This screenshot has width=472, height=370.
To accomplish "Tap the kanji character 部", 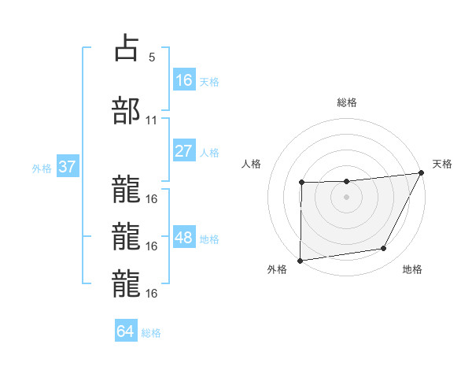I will pos(126,111).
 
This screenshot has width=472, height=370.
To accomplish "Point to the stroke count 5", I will pos(151,57).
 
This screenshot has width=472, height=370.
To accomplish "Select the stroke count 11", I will pos(152,120).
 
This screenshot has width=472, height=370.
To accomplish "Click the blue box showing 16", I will pos(184,80).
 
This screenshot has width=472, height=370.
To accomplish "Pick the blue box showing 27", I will pos(184,151).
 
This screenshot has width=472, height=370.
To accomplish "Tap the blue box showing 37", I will pos(68,167).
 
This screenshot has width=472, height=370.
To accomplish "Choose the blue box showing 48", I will pos(184,238).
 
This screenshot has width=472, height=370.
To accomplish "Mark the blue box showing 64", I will pos(126,331).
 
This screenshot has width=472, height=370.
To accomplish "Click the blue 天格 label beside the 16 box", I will pos(209,81).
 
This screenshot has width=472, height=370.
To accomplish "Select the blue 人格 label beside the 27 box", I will pos(209,153).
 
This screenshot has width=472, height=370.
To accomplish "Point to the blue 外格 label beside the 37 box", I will pos(41,168).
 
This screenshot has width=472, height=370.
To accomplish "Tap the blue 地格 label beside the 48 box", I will pos(209,239).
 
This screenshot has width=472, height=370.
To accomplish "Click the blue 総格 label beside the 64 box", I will pos(151,333).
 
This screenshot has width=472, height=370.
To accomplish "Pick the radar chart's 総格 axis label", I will pos(347,102).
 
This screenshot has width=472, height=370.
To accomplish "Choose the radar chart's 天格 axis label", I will pos(442,164).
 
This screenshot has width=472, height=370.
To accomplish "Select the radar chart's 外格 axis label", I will pos(277,270).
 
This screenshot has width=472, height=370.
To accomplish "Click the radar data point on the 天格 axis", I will pos(422,172).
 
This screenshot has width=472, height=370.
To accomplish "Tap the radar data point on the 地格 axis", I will pos(384,249).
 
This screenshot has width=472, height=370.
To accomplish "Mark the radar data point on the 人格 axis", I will pos(301,183).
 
